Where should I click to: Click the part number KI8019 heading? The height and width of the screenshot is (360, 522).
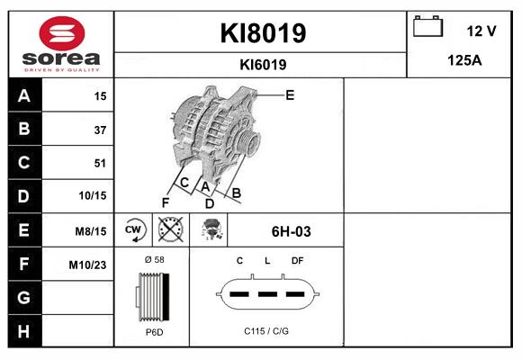click(x=263, y=33)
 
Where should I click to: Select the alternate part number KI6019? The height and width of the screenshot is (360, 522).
click(x=263, y=64)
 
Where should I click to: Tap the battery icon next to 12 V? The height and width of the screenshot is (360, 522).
click(x=427, y=27)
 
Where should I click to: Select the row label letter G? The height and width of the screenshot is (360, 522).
click(x=24, y=296)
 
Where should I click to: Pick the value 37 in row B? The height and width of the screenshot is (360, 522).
click(x=100, y=130)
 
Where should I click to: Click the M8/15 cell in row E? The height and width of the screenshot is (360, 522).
click(x=92, y=231)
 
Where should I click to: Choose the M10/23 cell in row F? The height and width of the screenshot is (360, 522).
click(x=87, y=265)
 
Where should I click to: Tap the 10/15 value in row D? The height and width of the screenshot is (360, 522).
click(x=93, y=195)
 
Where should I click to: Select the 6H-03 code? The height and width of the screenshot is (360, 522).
click(x=291, y=231)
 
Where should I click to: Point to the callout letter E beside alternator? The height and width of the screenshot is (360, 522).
click(x=290, y=94)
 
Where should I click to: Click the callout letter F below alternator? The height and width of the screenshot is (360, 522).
click(x=165, y=202)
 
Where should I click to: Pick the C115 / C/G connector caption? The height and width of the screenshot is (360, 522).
click(x=266, y=331)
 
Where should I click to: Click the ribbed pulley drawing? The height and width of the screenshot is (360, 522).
click(x=151, y=295)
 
